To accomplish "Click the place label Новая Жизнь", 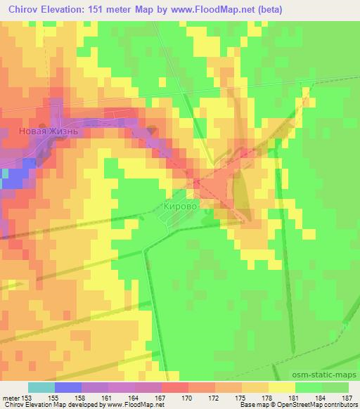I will click(x=46, y=131).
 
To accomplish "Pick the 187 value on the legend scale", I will click(x=347, y=397).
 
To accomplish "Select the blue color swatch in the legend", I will click(x=67, y=387).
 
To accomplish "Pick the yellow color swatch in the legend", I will click(x=282, y=387).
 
